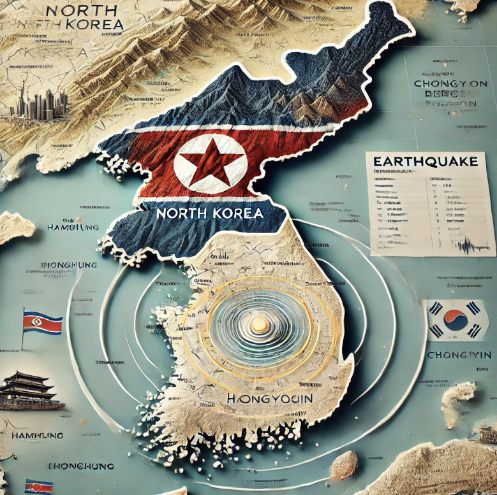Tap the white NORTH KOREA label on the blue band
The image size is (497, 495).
[210, 213]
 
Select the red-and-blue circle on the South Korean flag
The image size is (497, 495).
[456, 320]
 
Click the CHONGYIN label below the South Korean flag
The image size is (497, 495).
[458, 354]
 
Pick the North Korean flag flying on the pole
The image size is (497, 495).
[43, 323]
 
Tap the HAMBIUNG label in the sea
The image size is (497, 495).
[74, 227]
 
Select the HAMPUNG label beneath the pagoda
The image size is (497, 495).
[36, 436]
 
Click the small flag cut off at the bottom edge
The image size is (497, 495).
[39, 487]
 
